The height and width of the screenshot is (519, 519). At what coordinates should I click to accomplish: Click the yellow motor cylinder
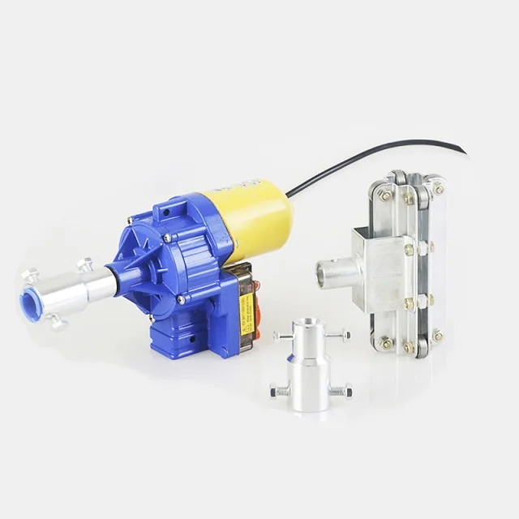point(251,215)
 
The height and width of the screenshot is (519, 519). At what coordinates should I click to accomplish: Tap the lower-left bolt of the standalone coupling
point(280,392)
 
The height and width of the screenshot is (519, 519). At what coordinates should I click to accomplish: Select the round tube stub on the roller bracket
point(330,273)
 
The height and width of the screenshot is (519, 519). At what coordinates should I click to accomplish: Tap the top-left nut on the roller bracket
point(384,195)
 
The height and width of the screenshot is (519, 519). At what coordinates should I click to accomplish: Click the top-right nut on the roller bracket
point(438,189)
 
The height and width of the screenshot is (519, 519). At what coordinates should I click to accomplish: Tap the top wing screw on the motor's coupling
point(84,264)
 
